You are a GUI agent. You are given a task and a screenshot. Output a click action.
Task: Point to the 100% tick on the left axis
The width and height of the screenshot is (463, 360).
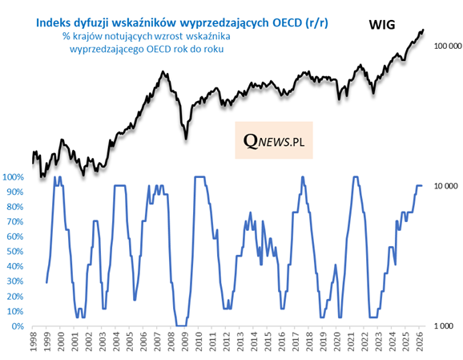click(14, 177)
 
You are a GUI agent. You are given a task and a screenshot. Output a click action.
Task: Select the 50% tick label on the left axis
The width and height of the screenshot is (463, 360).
click(14, 252)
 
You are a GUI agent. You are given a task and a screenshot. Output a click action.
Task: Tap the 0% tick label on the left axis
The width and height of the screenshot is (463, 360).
click(17, 326)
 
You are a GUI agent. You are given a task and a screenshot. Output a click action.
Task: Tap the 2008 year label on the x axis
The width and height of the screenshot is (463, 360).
click(173, 344)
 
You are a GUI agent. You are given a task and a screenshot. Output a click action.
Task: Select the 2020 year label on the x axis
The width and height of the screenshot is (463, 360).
click(339, 344)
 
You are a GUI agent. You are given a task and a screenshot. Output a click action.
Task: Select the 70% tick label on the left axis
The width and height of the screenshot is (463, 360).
click(14, 222)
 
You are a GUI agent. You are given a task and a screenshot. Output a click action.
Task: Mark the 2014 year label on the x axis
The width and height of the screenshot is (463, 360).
click(256, 344)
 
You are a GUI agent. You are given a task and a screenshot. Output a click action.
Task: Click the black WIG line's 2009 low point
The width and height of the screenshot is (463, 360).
click(186, 138)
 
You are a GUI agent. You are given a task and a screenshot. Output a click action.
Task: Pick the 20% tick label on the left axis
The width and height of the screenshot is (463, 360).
click(14, 297)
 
